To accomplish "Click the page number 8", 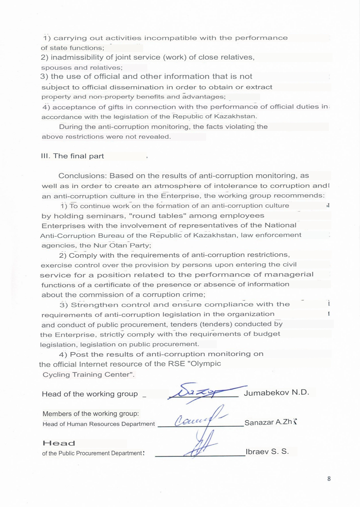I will click(329, 478).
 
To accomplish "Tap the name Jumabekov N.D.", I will click(276, 393).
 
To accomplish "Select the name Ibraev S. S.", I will click(267, 452).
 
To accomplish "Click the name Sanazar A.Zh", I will click(268, 422).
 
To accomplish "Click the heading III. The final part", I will click(72, 156).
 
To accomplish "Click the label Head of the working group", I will click(90, 394).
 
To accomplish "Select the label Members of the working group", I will click(90, 414).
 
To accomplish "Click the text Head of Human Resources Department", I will click(99, 424).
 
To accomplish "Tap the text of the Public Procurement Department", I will click(92, 453).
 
